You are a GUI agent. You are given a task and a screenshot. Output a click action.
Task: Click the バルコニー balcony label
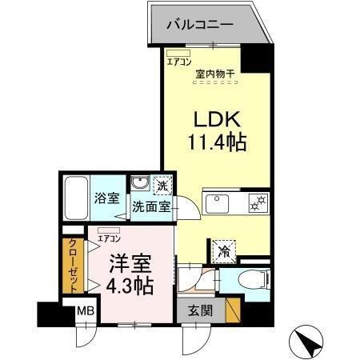pos(200,24)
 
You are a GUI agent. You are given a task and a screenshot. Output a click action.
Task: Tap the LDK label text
pos(212,120)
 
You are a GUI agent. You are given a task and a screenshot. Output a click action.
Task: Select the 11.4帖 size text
pos(215,144)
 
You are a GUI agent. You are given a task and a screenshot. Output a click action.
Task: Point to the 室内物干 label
pos(214,74)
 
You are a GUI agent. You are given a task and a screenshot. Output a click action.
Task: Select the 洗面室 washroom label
pos(152,206)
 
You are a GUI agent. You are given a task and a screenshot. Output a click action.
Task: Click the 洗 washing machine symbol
pos(162,186)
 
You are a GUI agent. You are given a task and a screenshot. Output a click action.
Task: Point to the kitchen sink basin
pos(217,204)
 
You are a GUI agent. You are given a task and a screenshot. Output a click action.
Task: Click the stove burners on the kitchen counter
pos(258,204)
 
